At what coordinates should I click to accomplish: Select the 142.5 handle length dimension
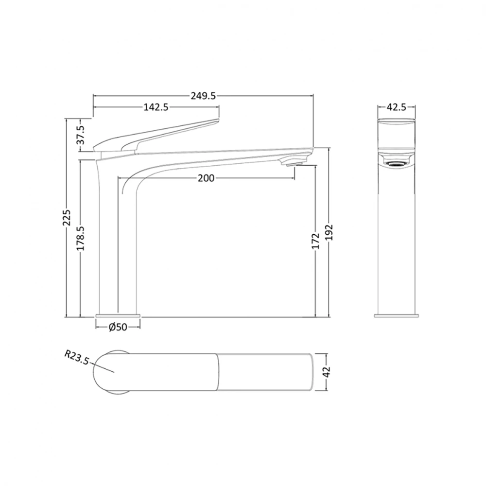tap(156, 107)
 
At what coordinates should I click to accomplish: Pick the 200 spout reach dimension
tap(206, 178)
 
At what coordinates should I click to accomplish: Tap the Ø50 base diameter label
tap(118, 328)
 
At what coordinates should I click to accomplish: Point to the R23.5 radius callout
tap(77, 359)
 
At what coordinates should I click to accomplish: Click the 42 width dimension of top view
tap(327, 372)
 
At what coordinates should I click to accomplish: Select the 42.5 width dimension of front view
tap(396, 107)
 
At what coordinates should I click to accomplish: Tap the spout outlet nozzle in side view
tap(295, 162)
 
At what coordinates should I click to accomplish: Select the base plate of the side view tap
tap(118, 315)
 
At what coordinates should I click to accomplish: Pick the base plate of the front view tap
tap(396, 315)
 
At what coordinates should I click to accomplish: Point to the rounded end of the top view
tap(104, 372)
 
